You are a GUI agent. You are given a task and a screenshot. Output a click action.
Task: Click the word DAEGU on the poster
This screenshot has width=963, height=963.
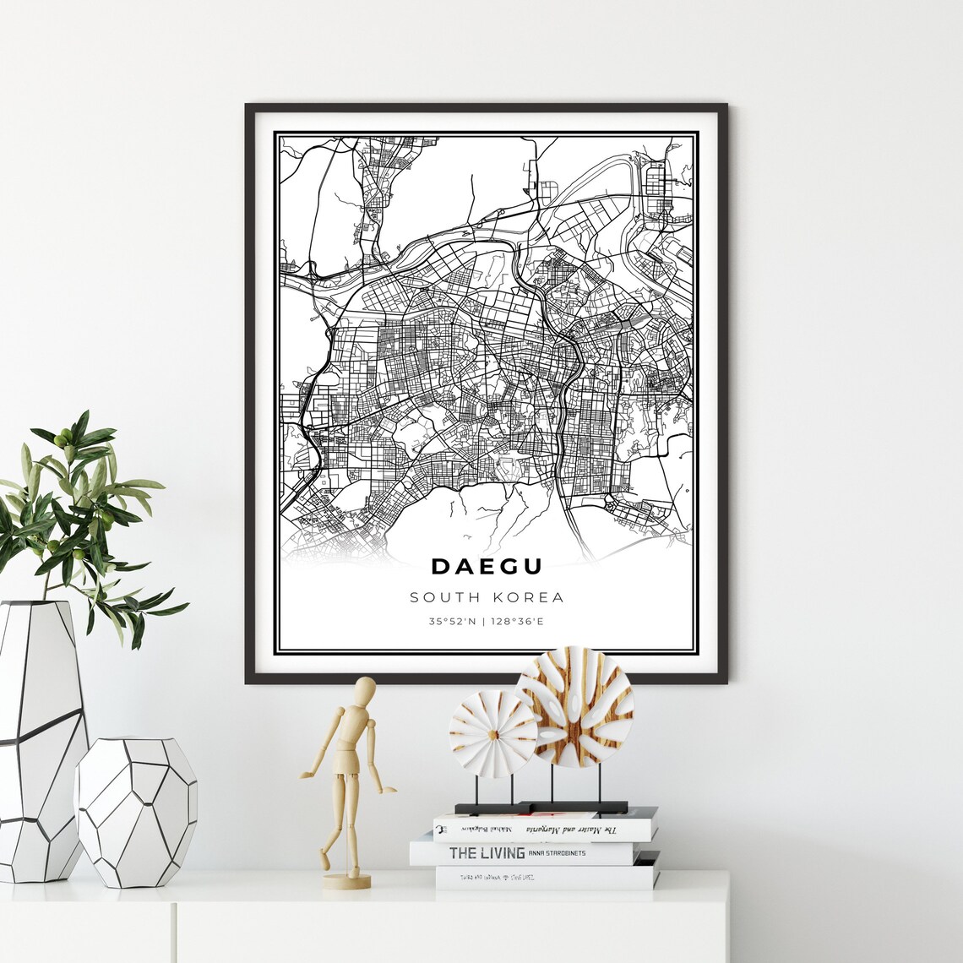(487, 566)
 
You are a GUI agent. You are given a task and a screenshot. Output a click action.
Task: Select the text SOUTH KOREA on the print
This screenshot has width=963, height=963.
(487, 598)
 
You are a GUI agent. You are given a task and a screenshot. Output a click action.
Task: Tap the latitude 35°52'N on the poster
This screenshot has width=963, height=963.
(453, 623)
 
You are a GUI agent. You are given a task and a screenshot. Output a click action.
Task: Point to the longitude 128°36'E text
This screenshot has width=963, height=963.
(518, 623)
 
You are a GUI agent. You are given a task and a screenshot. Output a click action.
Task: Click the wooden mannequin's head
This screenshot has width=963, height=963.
(365, 690)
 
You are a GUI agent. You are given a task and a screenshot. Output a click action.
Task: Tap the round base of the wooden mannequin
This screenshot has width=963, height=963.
(346, 881)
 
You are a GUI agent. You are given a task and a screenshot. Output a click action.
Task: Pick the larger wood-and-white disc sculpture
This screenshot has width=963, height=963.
(574, 706)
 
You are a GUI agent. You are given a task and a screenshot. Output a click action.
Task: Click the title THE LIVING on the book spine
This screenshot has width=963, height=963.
(487, 853)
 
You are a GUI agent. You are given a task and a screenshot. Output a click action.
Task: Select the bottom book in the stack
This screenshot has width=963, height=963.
(545, 878)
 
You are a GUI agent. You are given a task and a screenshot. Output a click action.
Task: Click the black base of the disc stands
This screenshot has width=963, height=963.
(541, 808)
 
